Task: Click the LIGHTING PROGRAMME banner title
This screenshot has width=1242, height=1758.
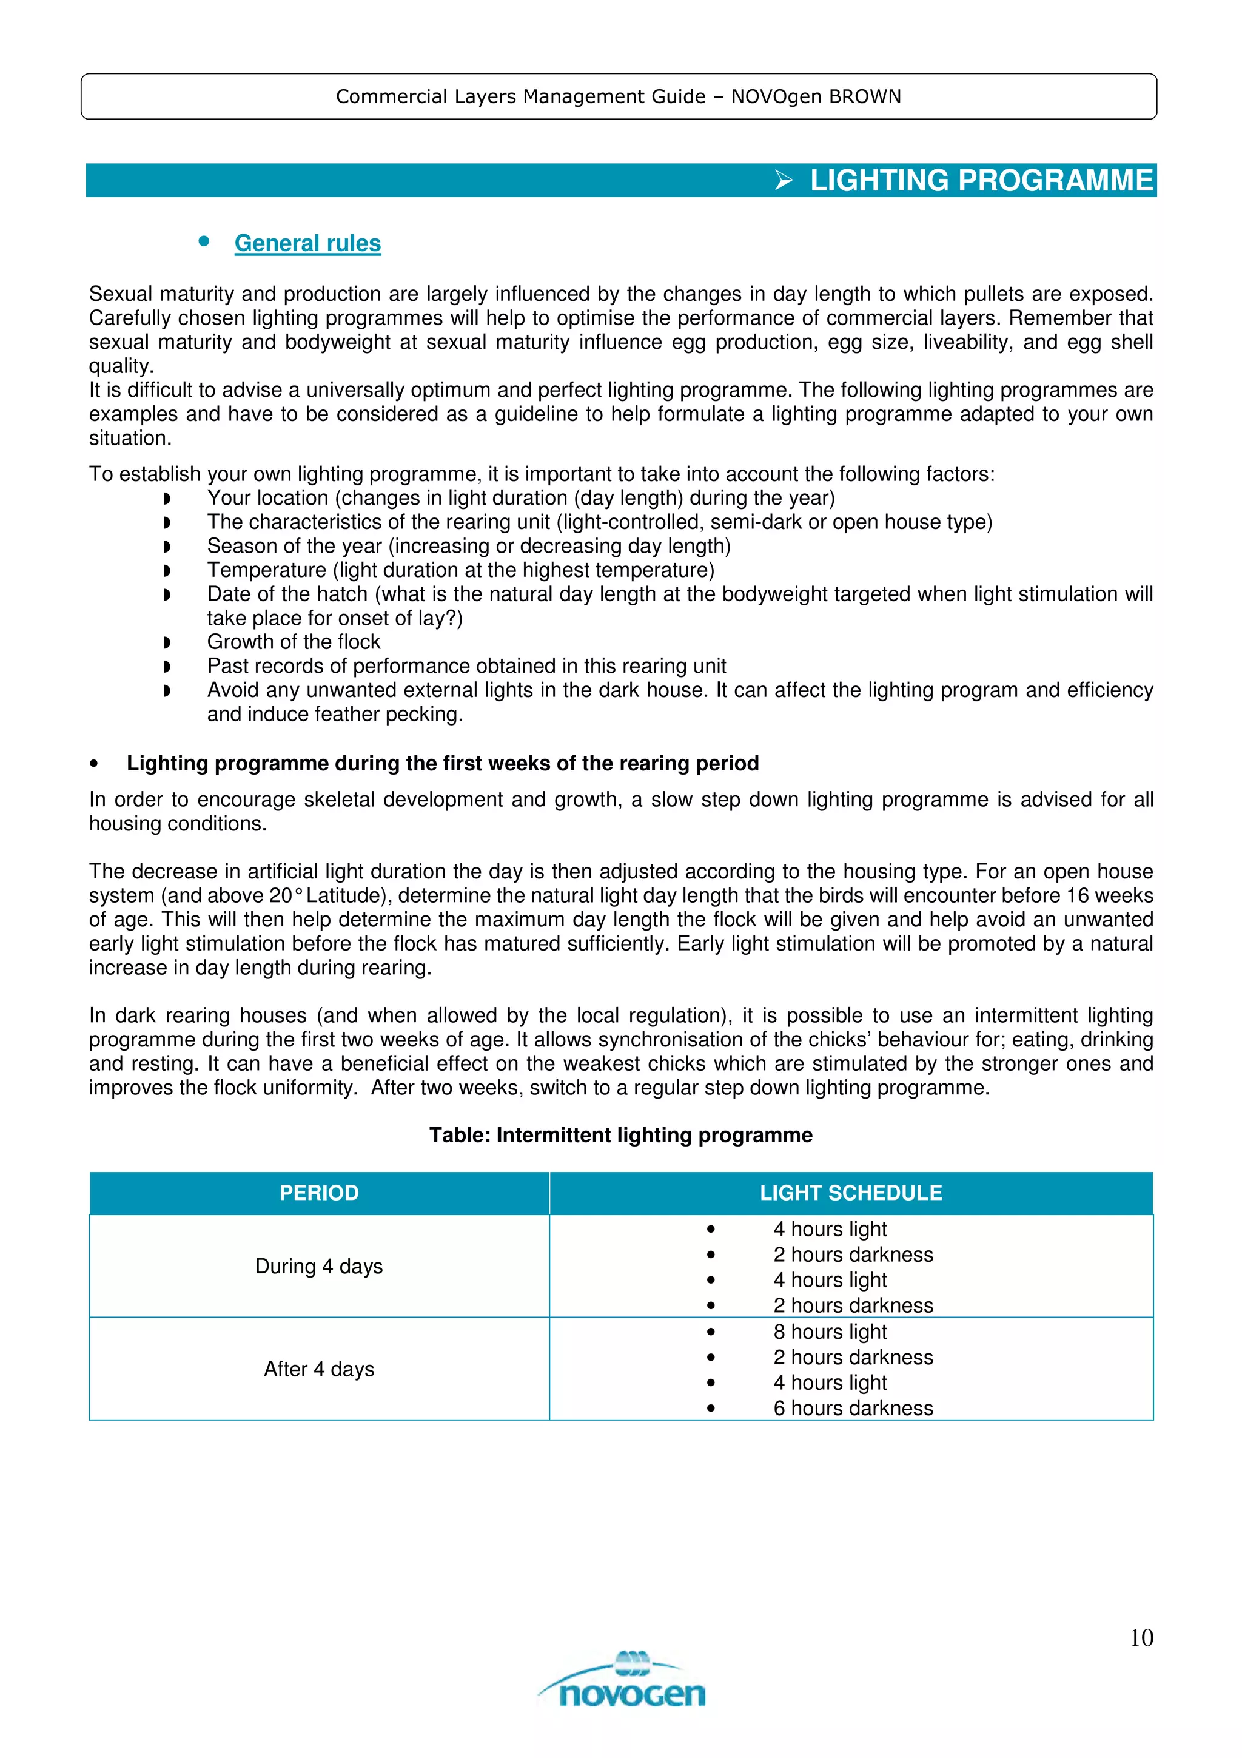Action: point(981,181)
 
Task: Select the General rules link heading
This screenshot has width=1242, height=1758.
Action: point(307,243)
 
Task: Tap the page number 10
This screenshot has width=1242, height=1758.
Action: point(1141,1637)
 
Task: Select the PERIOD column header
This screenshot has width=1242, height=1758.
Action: point(319,1193)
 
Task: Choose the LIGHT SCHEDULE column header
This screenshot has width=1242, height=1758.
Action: point(851,1193)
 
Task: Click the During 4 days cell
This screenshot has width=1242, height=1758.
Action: point(319,1267)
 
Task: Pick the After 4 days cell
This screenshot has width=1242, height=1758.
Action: point(319,1369)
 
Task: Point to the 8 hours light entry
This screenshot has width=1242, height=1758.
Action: point(830,1332)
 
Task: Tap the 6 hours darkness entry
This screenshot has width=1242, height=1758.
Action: point(853,1408)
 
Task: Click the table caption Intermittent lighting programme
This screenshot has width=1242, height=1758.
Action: point(620,1135)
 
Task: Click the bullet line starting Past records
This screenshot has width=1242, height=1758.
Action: point(466,666)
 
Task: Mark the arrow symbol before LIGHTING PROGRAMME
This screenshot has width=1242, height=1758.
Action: point(784,181)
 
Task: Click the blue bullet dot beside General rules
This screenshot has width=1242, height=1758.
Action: point(204,241)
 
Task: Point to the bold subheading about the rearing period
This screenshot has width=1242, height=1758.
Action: point(442,763)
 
